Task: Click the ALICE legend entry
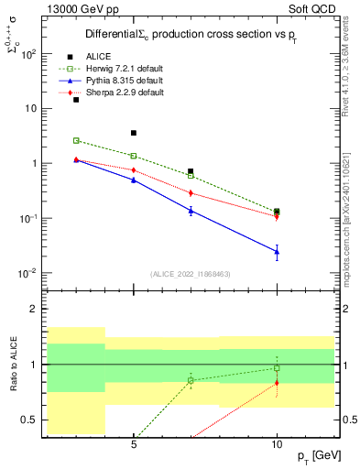click(x=96, y=57)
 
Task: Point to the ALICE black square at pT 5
click(x=134, y=133)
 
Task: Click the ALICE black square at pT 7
click(x=191, y=171)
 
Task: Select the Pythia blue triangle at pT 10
click(x=277, y=251)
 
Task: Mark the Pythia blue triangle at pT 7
click(x=191, y=211)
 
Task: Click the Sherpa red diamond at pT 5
click(x=134, y=170)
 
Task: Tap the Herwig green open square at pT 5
click(x=134, y=156)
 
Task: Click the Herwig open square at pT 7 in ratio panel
click(x=191, y=380)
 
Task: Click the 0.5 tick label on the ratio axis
click(x=29, y=420)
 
